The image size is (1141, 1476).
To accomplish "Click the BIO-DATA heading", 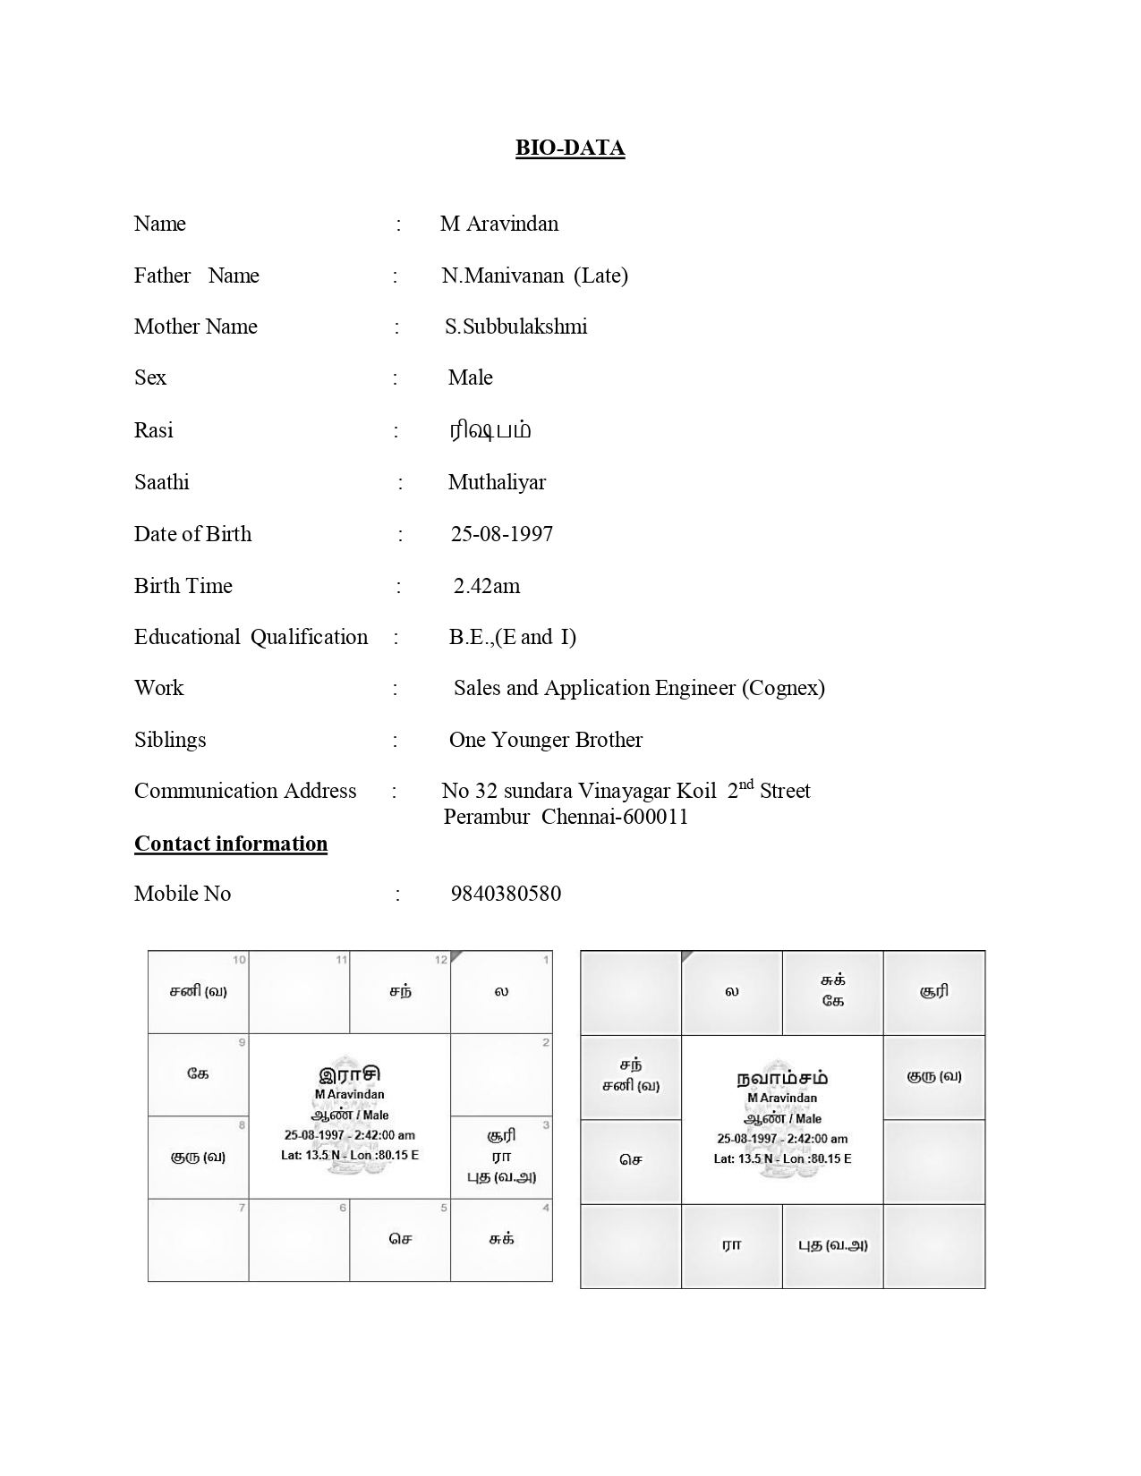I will [569, 148].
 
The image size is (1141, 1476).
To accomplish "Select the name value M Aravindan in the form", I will [498, 224].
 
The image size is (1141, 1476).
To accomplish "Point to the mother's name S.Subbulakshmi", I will [515, 327].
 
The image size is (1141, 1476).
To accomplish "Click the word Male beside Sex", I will [470, 377].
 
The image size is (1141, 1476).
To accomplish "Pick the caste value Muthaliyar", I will [497, 482].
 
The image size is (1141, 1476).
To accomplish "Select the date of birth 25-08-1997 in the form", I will [501, 534].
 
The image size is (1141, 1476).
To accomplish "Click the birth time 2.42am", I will [486, 586].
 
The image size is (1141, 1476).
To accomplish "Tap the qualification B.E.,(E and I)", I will [512, 637].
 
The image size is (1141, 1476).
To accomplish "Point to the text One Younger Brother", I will [545, 740].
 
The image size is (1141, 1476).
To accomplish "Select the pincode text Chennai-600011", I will [615, 817].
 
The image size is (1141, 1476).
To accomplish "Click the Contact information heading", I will [231, 844].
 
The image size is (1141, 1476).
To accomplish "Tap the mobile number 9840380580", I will [506, 894].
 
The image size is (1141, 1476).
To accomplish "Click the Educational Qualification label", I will [251, 637].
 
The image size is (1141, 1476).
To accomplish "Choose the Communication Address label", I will [245, 791].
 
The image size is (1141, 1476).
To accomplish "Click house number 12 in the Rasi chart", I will [440, 961].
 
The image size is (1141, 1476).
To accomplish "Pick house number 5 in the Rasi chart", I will [444, 1209].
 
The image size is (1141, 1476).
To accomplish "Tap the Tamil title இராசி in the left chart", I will [349, 1074].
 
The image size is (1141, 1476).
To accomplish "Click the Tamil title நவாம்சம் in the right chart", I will [782, 1078].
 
